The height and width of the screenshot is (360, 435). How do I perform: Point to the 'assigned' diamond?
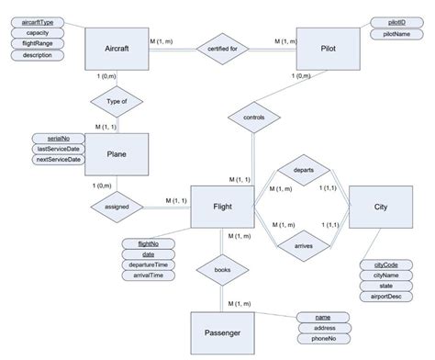117,207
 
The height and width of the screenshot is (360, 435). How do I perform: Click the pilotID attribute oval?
397,21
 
